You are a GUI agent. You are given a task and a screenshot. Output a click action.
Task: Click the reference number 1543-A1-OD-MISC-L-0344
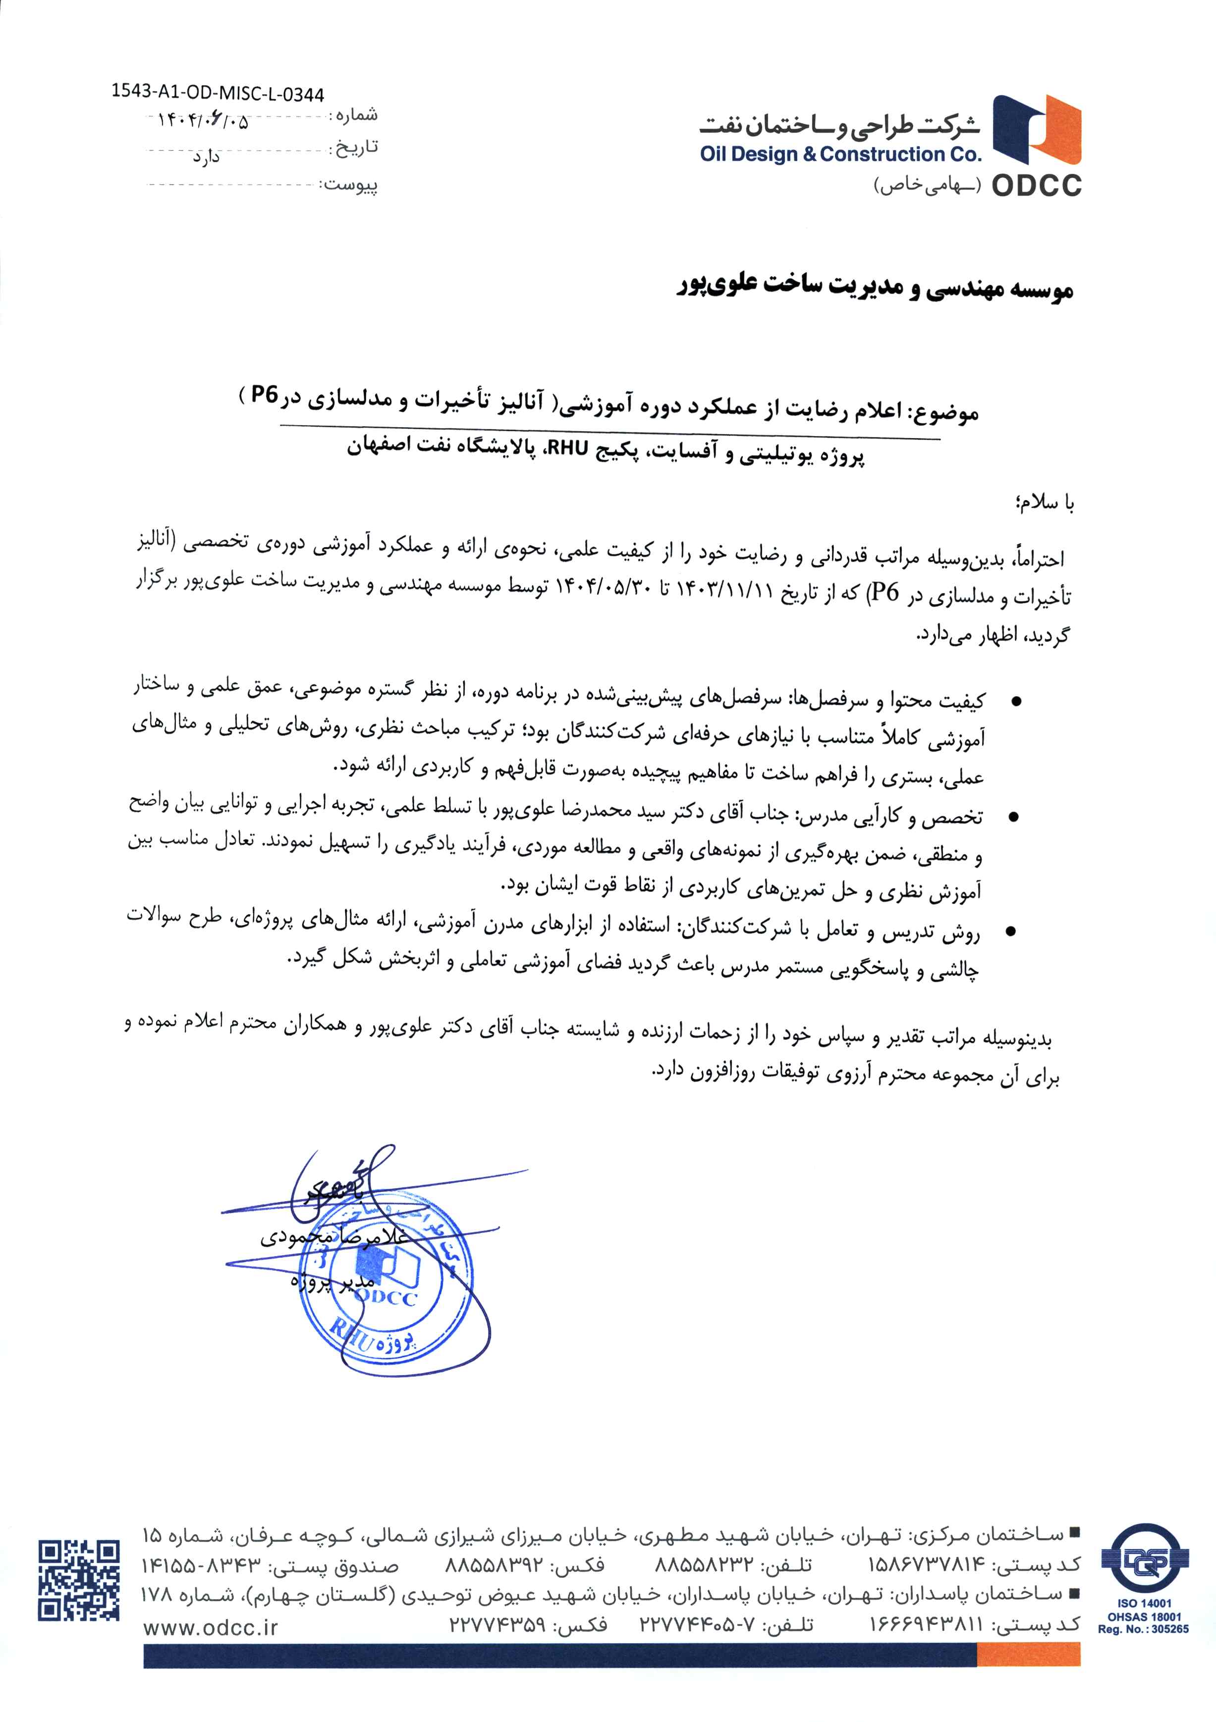click(x=218, y=94)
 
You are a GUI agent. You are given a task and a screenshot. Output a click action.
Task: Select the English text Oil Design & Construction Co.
click(x=840, y=155)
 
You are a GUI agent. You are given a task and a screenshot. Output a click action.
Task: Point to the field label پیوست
click(x=351, y=184)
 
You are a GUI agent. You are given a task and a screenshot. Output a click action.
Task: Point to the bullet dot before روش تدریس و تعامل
click(x=1011, y=932)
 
